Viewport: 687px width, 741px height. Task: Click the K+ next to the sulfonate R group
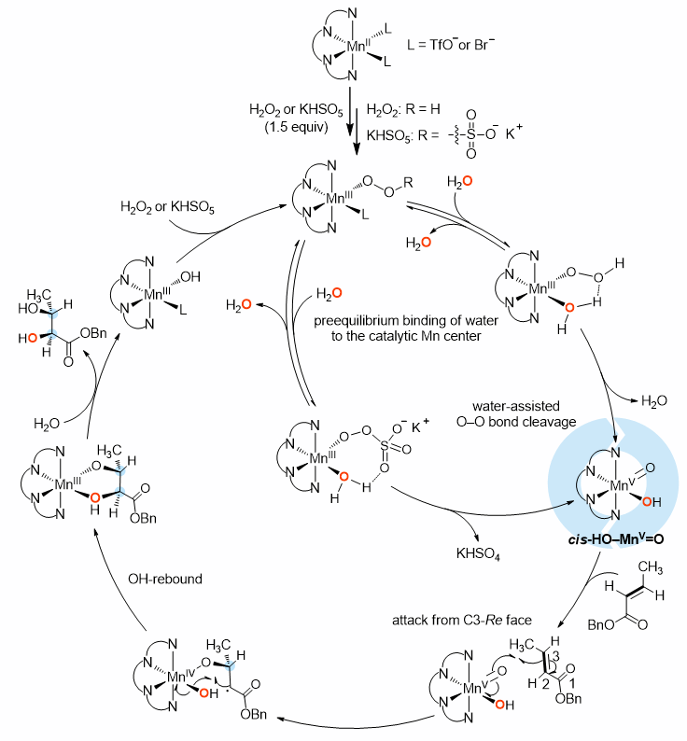tap(540, 141)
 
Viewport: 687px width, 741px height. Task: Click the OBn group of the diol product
tap(93, 336)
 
